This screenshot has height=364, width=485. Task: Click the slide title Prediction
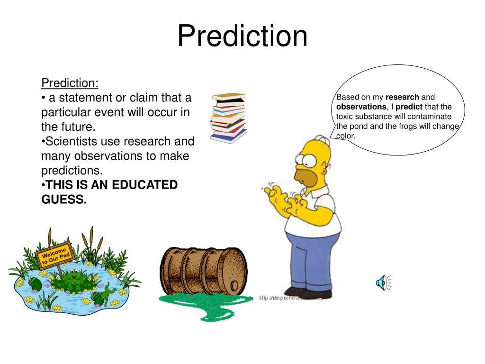click(x=242, y=36)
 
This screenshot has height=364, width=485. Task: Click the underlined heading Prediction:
click(x=70, y=83)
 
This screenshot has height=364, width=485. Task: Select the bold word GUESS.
click(x=64, y=200)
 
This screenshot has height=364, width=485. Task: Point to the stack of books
click(x=229, y=117)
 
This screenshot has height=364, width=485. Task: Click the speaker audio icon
click(x=382, y=282)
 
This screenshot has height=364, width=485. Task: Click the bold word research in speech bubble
click(x=402, y=97)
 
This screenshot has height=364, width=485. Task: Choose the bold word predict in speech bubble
click(x=409, y=107)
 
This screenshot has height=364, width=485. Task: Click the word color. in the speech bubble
click(x=346, y=136)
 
